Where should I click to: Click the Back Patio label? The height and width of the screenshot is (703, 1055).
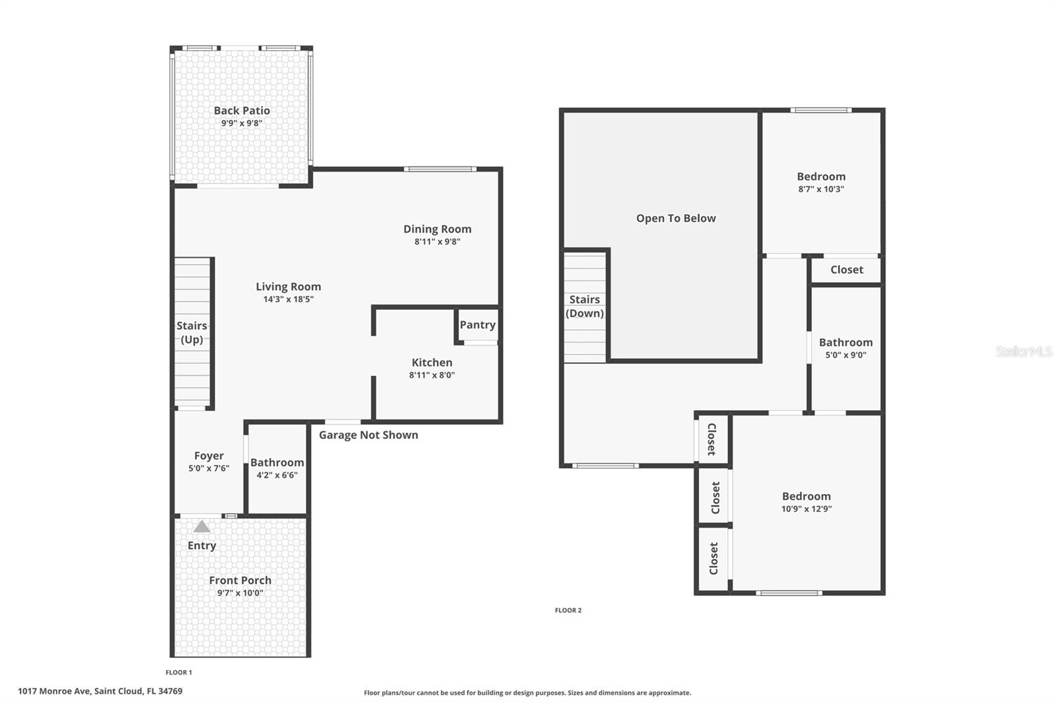241,111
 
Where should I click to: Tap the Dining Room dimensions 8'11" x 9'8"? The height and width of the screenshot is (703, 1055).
437,242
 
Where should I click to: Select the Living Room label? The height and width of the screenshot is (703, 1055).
288,287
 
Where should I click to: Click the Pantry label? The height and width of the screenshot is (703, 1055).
477,324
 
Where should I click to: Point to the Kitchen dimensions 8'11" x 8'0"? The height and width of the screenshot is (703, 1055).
432,375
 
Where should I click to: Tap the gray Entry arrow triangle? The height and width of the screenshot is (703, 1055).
202,526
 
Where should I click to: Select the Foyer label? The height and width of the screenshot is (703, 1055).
208,456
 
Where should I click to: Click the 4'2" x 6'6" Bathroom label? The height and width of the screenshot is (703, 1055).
277,463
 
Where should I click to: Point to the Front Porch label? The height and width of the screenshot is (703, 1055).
240,580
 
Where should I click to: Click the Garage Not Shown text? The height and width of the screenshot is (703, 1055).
368,435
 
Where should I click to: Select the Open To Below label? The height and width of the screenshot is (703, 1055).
675,218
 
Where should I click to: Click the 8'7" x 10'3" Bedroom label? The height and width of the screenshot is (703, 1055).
821,177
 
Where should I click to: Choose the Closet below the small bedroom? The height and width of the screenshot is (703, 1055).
846,270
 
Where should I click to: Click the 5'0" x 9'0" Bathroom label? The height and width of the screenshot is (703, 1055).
845,342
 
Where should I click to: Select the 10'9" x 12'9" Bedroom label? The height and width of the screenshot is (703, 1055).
806,497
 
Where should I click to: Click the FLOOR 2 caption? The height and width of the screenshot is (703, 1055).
568,611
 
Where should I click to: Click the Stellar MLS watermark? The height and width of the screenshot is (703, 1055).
1023,351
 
